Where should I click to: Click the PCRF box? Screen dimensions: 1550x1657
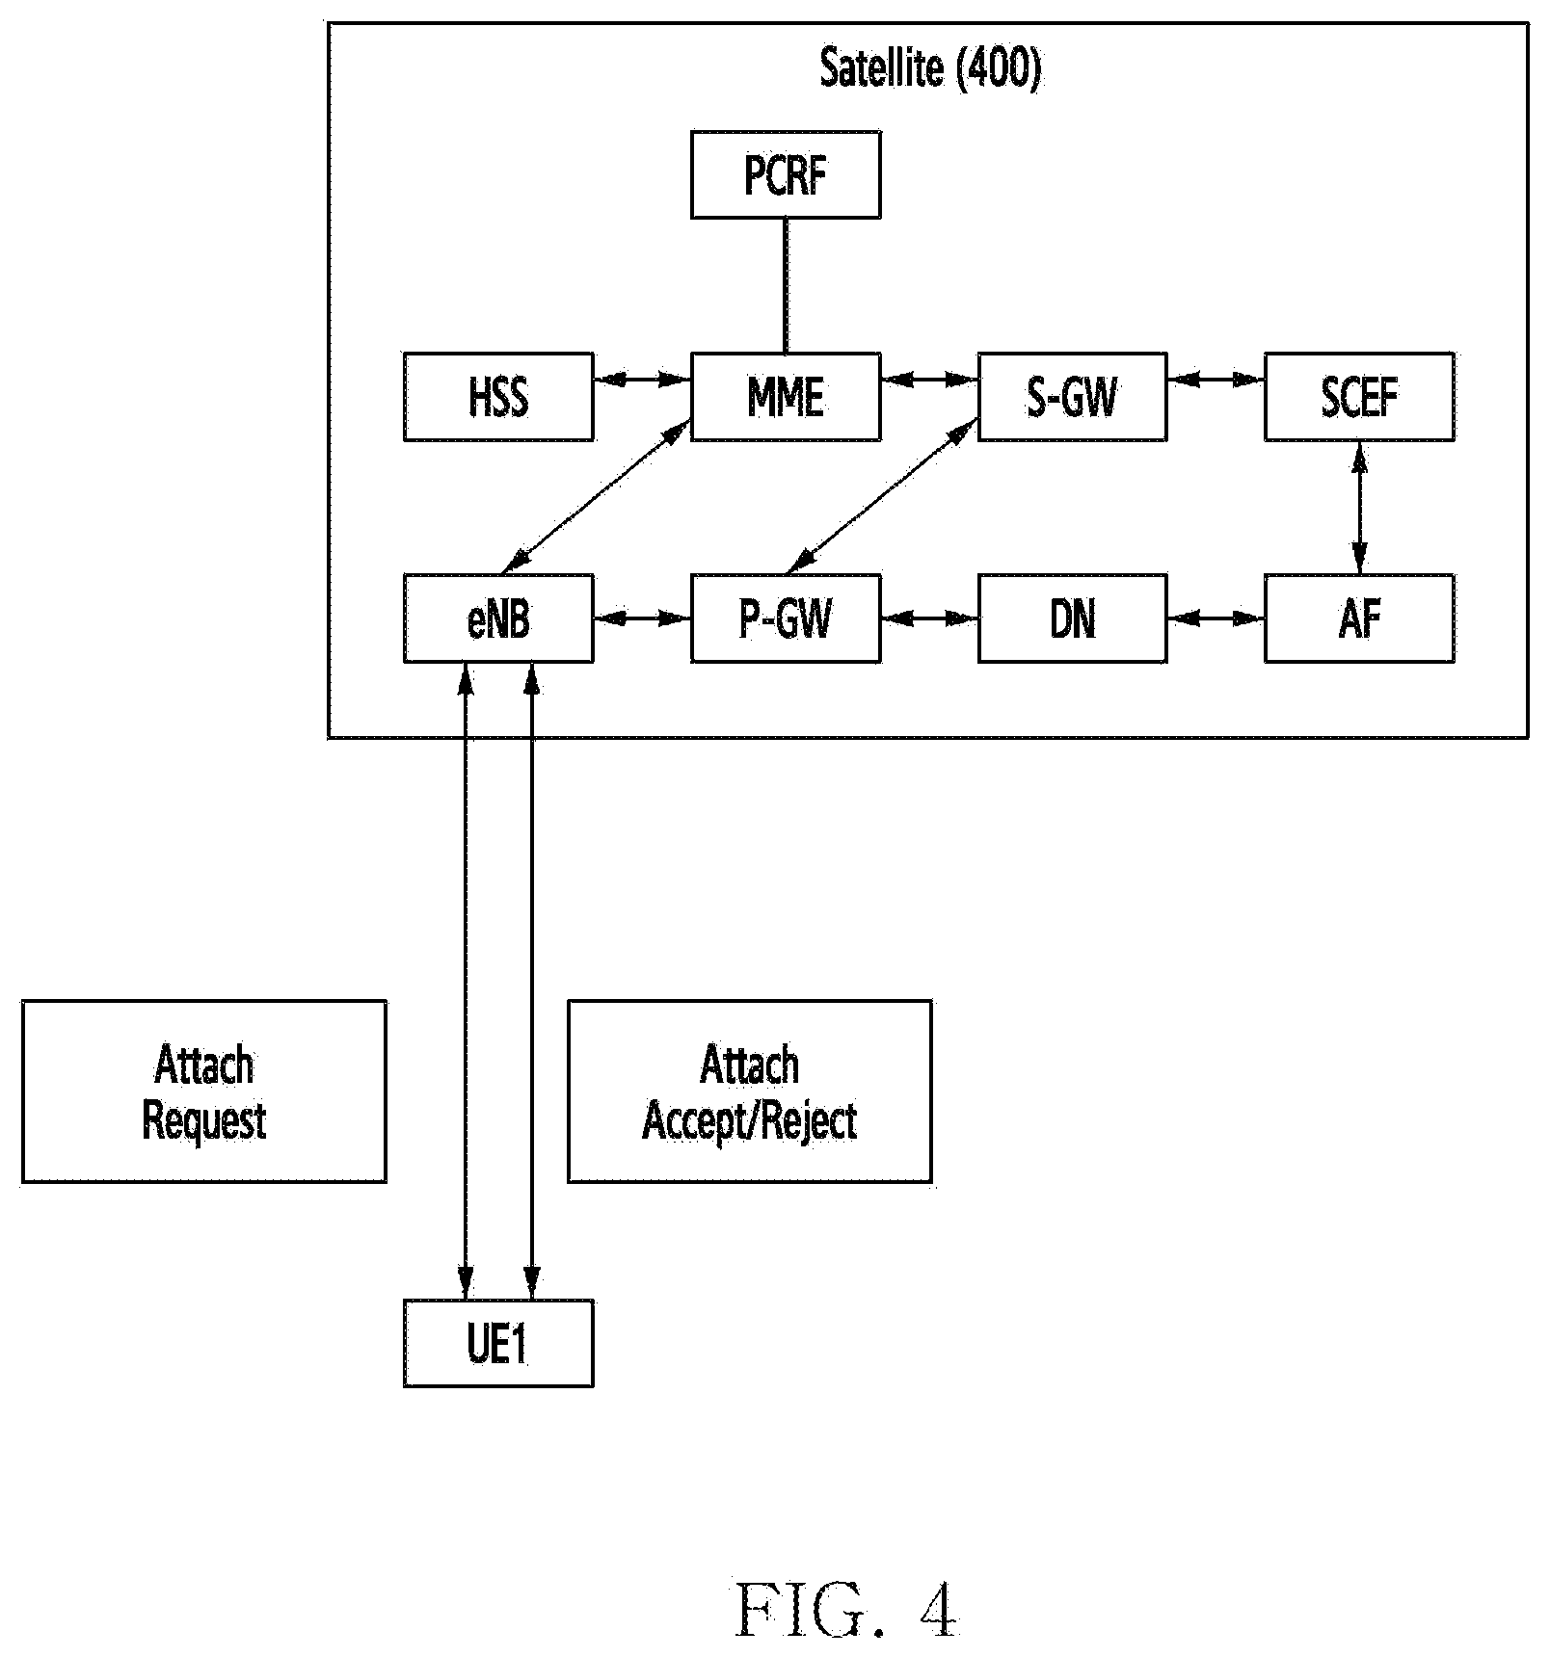786,174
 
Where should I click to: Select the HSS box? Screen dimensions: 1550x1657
498,397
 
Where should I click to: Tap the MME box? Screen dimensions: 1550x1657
786,397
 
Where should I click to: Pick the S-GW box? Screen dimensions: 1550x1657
1072,397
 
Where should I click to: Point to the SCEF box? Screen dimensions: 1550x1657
1359,397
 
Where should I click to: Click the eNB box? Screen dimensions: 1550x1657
498,618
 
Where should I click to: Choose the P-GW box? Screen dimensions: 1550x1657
786,618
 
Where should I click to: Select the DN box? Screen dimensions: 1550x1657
1072,618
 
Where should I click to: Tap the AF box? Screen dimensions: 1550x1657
1359,618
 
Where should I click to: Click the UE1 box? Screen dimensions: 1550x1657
498,1343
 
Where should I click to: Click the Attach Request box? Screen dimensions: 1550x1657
204,1092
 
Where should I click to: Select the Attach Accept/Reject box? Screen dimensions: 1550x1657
750,1092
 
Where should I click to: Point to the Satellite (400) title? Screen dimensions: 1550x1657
930,69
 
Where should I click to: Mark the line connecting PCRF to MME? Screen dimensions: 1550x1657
786,286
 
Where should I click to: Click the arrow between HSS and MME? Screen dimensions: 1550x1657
642,380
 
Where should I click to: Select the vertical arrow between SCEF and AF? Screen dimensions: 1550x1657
1359,508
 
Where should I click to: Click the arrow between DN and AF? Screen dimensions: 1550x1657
1216,618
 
